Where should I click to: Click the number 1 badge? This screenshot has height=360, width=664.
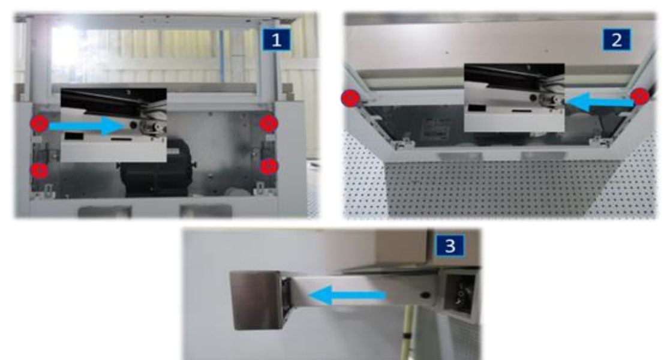coord(276,40)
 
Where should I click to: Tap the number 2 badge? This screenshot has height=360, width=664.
coord(617,40)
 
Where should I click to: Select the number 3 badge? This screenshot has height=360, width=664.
coord(450,245)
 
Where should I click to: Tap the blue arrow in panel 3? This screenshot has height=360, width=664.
coord(347,295)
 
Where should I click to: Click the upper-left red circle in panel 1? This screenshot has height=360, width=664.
coord(39,124)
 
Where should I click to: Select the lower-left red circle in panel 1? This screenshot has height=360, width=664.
coord(39,170)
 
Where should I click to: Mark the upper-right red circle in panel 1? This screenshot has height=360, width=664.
coord(269,123)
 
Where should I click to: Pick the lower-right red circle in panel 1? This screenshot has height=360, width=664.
coord(269,166)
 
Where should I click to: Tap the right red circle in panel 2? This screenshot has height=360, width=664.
coord(640,97)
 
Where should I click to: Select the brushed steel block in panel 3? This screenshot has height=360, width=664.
coord(256,300)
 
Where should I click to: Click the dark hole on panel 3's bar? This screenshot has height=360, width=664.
coord(425,295)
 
